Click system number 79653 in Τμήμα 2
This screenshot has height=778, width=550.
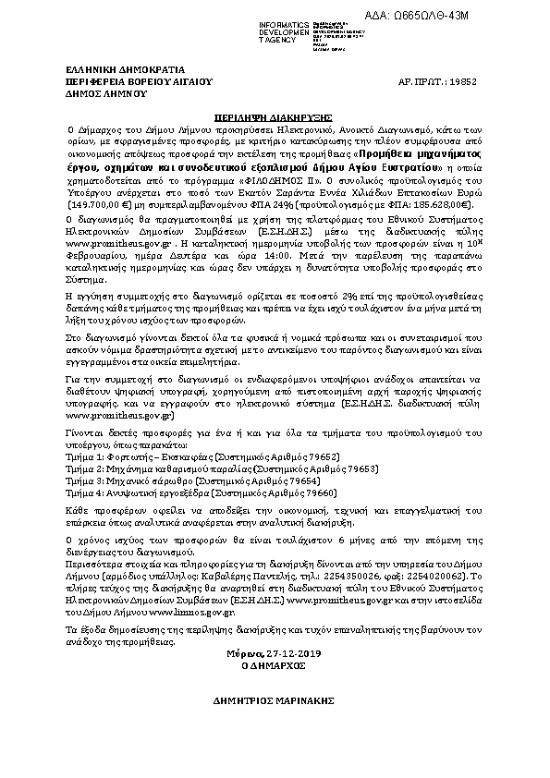click(329, 469)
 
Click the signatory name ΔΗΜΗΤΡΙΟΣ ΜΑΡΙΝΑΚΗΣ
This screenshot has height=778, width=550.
click(275, 702)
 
